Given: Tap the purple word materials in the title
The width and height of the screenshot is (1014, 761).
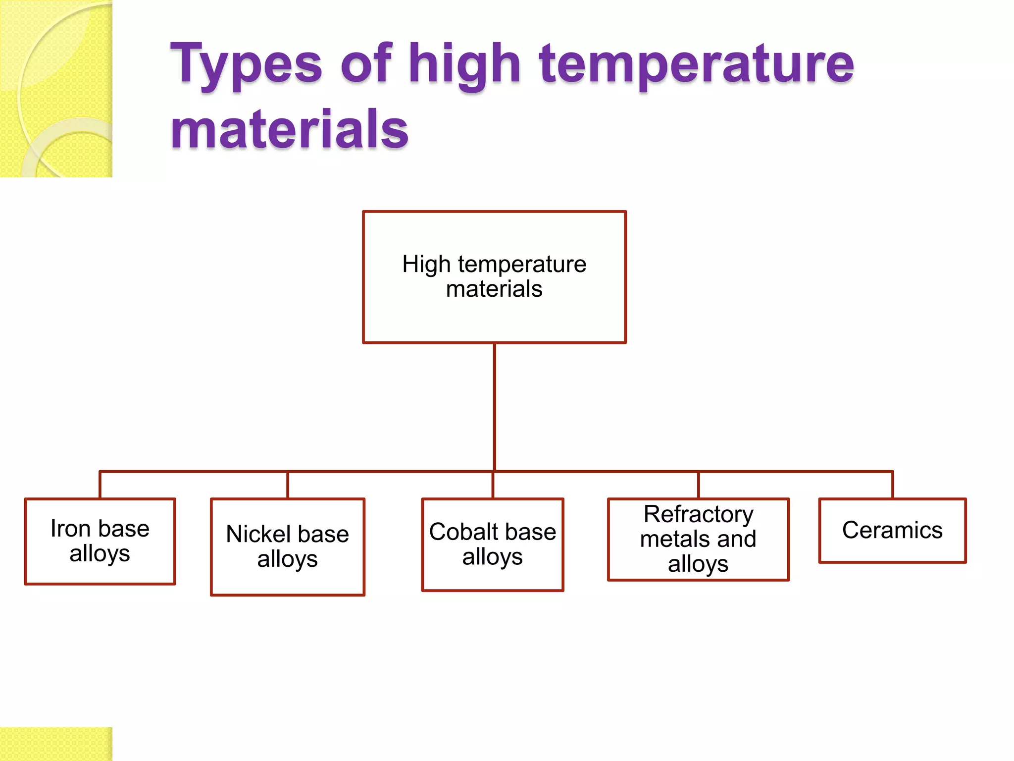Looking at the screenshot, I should tap(290, 130).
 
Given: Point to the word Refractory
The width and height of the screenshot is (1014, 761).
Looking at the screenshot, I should tap(698, 514).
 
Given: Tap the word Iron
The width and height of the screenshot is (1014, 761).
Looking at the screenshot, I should tap(70, 529).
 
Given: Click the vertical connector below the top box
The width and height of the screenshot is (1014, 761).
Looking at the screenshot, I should tap(494, 406).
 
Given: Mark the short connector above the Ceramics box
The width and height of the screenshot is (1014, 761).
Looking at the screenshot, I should tap(893, 485).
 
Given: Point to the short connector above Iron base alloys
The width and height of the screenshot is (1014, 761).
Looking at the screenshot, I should tap(100, 485).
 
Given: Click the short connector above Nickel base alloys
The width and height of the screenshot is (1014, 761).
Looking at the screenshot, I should tap(288, 485).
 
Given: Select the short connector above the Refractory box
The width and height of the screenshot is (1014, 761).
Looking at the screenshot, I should tap(698, 485).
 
